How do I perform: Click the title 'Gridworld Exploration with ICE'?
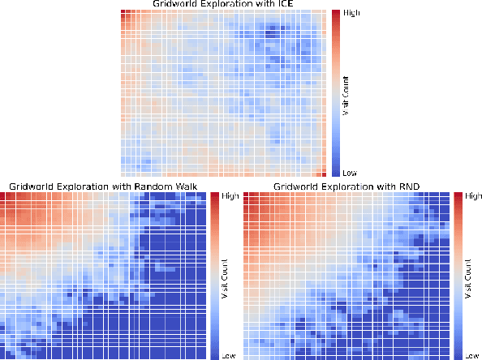pyautogui.click(x=223, y=5)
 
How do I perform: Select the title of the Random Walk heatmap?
pyautogui.click(x=103, y=186)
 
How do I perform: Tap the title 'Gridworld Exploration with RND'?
pyautogui.click(x=347, y=186)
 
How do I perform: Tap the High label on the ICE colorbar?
pyautogui.click(x=352, y=13)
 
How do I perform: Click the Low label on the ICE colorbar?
pyautogui.click(x=351, y=173)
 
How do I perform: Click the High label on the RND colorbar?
pyautogui.click(x=473, y=195)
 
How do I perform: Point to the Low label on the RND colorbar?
pyautogui.click(x=471, y=355)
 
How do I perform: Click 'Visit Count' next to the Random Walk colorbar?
pyautogui.click(x=224, y=275)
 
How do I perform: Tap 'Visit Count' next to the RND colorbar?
pyautogui.click(x=467, y=275)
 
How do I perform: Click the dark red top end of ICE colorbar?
pyautogui.click(x=336, y=12)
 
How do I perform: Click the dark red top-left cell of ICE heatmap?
pyautogui.click(x=124, y=13)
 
